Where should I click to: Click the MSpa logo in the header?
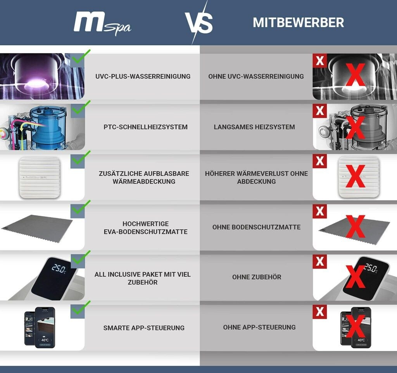click(x=102, y=24)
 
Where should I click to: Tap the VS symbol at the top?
click(x=199, y=23)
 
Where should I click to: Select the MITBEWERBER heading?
click(x=298, y=22)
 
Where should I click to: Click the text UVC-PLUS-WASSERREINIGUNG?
click(x=143, y=76)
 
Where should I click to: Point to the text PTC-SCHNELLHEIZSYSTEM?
click(x=146, y=127)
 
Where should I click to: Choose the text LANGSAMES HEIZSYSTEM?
click(x=254, y=127)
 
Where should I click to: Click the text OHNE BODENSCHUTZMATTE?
click(x=257, y=227)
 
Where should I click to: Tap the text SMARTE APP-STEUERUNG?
click(x=144, y=328)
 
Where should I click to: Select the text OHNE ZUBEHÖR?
click(x=257, y=277)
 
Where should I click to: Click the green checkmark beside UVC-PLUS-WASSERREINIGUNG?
click(x=81, y=57)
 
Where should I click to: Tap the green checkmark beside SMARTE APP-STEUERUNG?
click(x=81, y=308)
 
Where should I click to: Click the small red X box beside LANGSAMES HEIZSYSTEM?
click(x=320, y=111)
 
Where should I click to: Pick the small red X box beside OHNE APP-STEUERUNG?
click(x=320, y=311)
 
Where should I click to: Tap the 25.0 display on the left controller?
click(x=59, y=269)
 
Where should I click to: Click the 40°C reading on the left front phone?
click(x=45, y=340)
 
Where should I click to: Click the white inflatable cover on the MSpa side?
click(x=40, y=177)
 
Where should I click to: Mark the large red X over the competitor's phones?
click(x=355, y=326)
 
